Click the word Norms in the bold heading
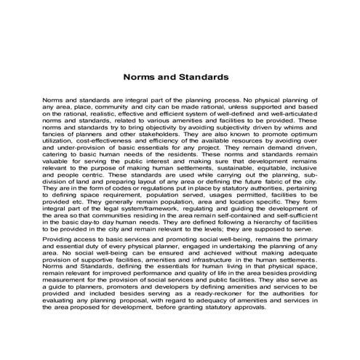(x=139, y=75)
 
